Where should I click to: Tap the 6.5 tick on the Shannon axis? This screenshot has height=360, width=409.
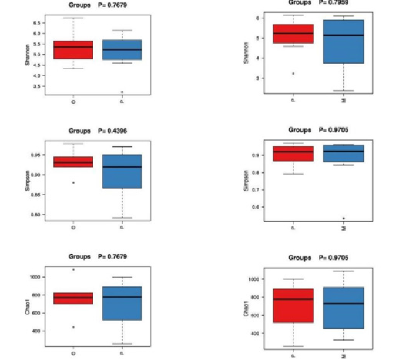pos(37,22)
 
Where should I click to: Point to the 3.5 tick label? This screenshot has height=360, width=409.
pos(37,86)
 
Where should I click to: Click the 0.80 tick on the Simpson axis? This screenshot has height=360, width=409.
pos(37,215)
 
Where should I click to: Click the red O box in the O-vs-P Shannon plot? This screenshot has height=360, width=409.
pos(73,49)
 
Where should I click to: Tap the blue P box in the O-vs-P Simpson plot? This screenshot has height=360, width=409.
pos(122,172)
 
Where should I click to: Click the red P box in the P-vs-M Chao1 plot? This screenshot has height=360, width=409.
pos(293,305)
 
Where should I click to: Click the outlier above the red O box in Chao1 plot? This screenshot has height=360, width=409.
pos(73,269)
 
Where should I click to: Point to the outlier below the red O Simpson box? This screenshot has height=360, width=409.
pos(73,182)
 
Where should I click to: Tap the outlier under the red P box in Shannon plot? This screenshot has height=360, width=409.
pos(293,74)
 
